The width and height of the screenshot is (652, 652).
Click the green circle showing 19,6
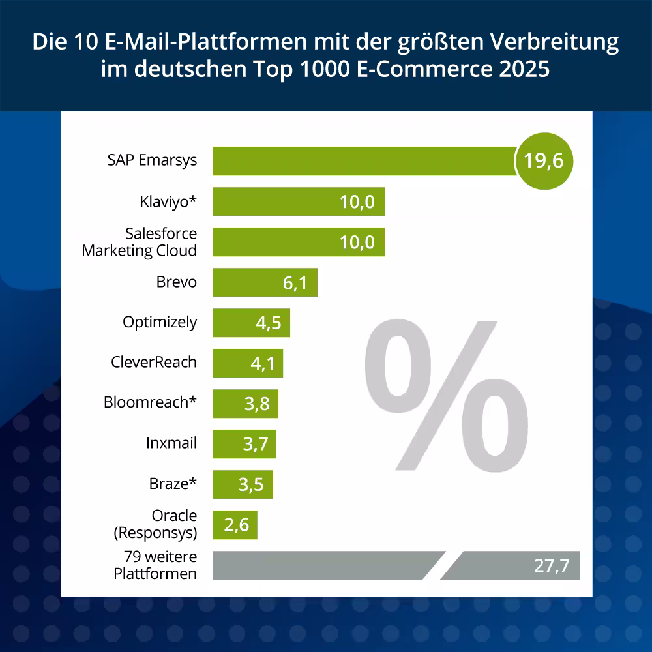pos(544,161)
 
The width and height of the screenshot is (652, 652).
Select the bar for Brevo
pos(264,282)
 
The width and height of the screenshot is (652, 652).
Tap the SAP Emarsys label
pos(152,160)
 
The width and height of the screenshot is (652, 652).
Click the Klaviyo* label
pos(168,201)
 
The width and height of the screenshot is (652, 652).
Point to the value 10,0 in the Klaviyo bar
pos(357,201)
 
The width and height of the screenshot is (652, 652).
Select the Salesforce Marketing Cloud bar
pos(298,242)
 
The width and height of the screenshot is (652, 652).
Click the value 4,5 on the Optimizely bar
pos(266,323)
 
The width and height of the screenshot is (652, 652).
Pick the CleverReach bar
pos(247,363)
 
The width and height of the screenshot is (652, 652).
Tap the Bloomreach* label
pos(150,402)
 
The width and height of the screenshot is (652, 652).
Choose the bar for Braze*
pos(242,484)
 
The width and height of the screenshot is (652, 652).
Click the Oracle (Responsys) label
pos(155,524)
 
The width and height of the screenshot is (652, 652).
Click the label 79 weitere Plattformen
pos(155,565)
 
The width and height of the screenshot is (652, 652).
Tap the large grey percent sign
pos(446,394)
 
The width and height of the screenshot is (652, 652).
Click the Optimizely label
pos(160,322)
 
